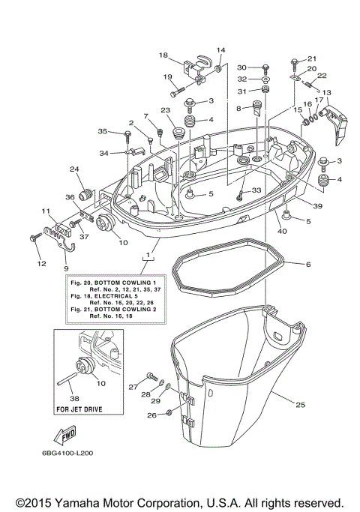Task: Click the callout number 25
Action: [300, 406]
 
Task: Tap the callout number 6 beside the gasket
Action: [307, 265]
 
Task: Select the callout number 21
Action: [312, 59]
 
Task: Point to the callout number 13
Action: [326, 93]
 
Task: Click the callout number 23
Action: [164, 110]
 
